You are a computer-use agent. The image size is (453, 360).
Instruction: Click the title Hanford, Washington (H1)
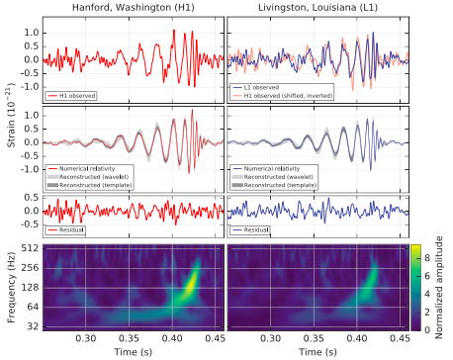coord(132,8)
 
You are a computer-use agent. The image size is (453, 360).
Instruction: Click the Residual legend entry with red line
coord(79,229)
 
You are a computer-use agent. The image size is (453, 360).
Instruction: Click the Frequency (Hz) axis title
coord(10,287)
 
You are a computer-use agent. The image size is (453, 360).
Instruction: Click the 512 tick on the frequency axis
coord(30,248)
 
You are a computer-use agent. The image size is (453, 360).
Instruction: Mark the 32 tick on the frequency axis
coord(32,325)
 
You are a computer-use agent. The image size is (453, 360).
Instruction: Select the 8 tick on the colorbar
coord(427,254)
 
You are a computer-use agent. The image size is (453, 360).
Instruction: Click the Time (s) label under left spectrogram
coord(132,352)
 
